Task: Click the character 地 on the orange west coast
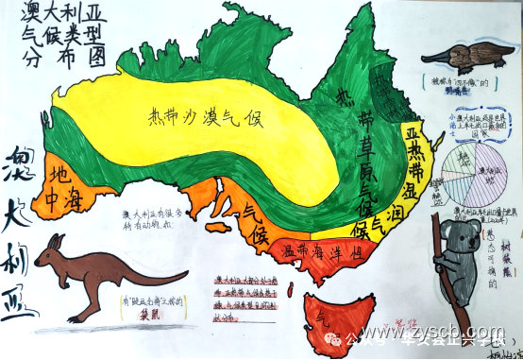[x=59, y=176]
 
